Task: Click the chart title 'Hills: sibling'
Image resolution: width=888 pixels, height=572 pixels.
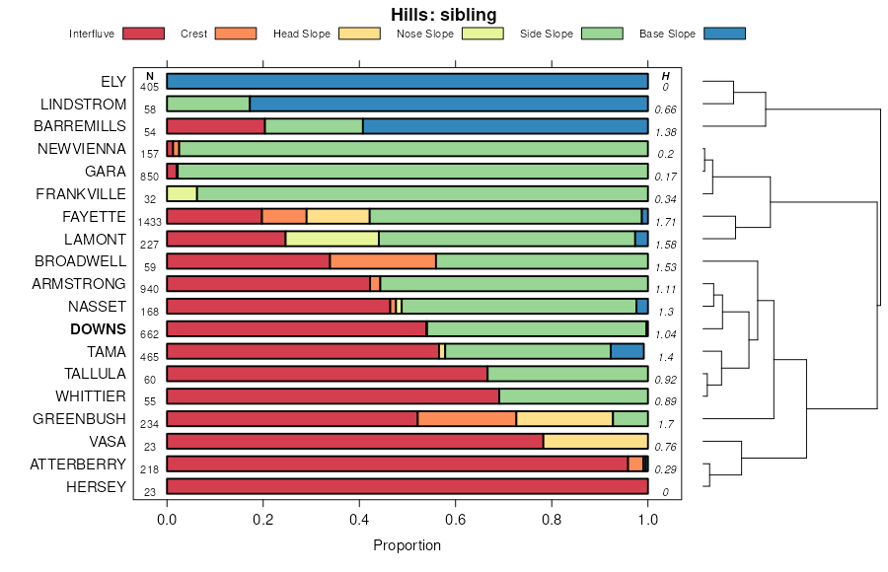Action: (443, 14)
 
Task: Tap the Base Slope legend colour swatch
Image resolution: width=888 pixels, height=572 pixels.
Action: (724, 34)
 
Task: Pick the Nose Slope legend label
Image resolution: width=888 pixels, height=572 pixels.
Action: (424, 34)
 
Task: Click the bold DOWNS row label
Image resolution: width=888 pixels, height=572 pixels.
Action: (99, 329)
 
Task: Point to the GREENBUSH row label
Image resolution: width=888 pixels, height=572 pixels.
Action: (81, 419)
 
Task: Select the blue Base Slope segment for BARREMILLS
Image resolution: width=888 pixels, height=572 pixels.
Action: (505, 126)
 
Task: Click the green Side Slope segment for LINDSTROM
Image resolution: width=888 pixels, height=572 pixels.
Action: (208, 104)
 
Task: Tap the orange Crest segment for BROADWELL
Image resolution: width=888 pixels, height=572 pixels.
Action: (383, 261)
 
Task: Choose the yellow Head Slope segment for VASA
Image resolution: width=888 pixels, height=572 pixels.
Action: (595, 441)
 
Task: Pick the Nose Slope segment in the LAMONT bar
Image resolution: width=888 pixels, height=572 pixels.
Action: (332, 239)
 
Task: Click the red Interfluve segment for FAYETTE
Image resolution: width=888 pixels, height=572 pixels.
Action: (214, 216)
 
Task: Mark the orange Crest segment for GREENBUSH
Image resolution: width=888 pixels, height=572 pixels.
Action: (467, 419)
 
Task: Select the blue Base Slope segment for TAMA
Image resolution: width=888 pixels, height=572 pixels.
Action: (628, 351)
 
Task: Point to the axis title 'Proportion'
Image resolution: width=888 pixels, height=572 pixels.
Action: (407, 545)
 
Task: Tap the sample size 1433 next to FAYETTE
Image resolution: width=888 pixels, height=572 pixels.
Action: (150, 223)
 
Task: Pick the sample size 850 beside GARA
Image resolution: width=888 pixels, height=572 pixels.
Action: (150, 178)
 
